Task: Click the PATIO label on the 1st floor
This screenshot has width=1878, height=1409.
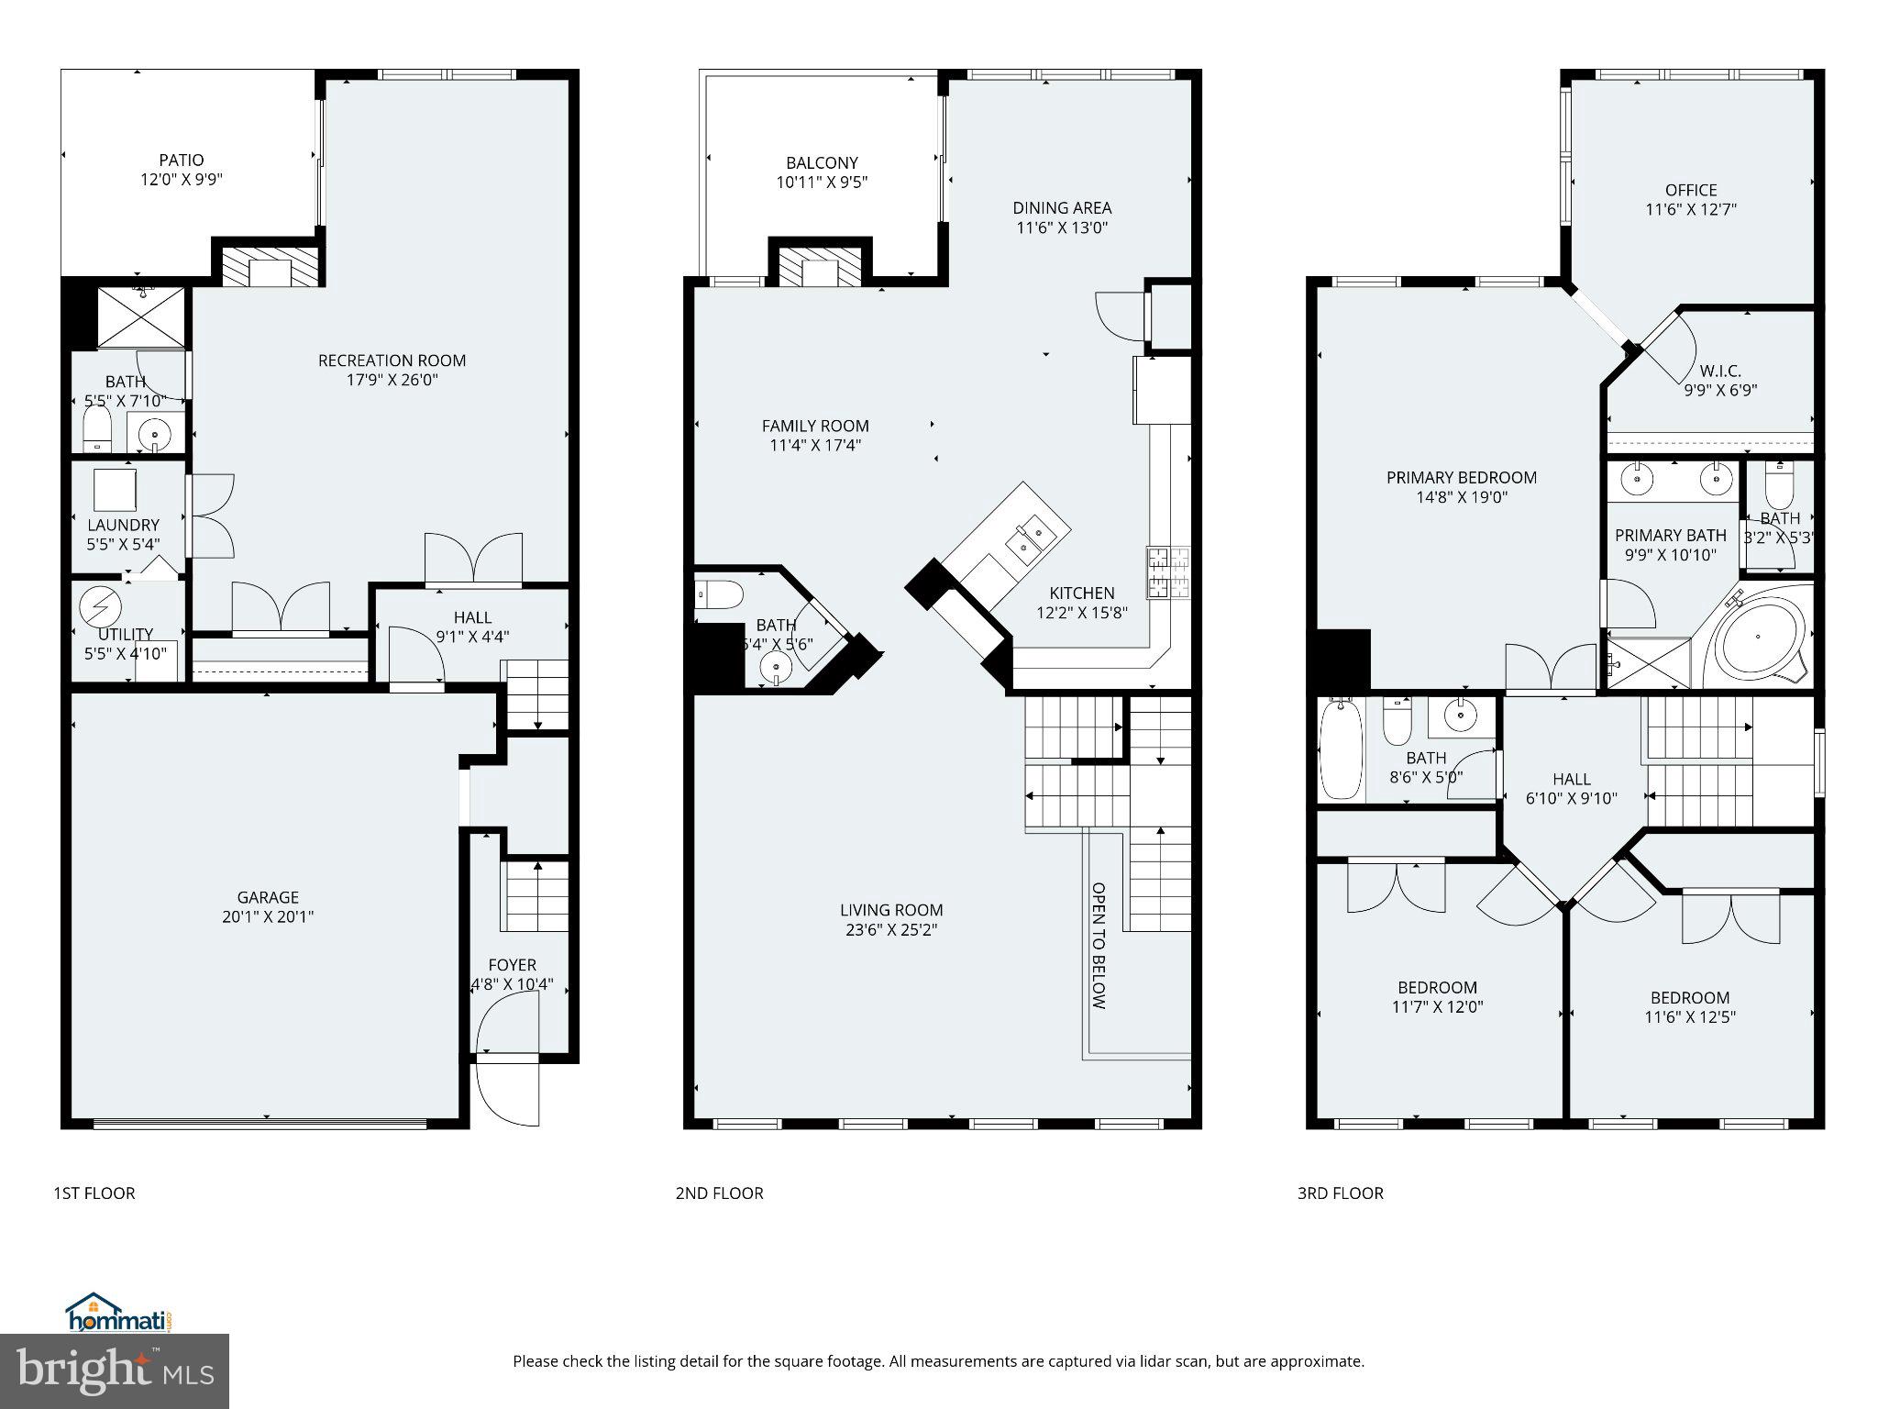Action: coord(181,161)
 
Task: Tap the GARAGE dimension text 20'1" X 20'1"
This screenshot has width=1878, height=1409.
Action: coord(268,916)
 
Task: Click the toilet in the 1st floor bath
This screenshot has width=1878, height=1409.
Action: coord(97,428)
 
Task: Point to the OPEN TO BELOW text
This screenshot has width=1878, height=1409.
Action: coord(1099,946)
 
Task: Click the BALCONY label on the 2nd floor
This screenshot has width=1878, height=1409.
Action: coord(822,163)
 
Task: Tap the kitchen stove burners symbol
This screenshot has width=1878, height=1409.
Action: coord(1167,572)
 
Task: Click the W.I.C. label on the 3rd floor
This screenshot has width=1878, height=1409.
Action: coord(1720,371)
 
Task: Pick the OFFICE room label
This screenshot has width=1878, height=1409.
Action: coord(1691,190)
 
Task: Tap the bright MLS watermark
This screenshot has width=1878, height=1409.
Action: coord(115,1371)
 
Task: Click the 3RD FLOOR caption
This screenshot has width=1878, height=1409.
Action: coord(1340,1193)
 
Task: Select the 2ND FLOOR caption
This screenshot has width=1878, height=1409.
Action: coord(719,1193)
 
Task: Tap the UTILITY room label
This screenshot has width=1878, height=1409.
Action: coord(126,634)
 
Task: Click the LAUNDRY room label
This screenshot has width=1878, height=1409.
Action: coord(123,525)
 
